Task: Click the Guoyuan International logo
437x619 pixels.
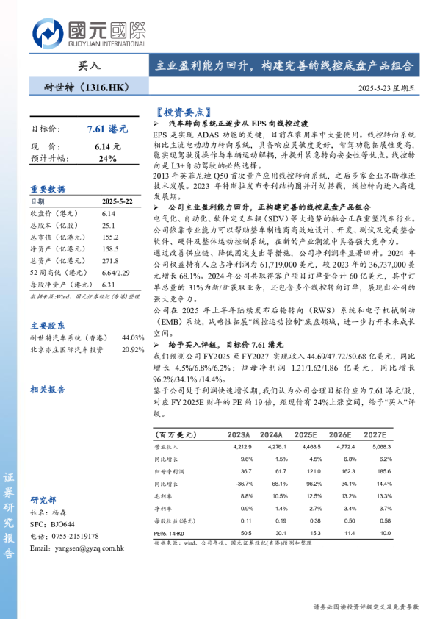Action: (88, 35)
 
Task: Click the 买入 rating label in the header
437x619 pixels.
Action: (87, 65)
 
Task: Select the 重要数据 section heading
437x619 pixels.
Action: (48, 189)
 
